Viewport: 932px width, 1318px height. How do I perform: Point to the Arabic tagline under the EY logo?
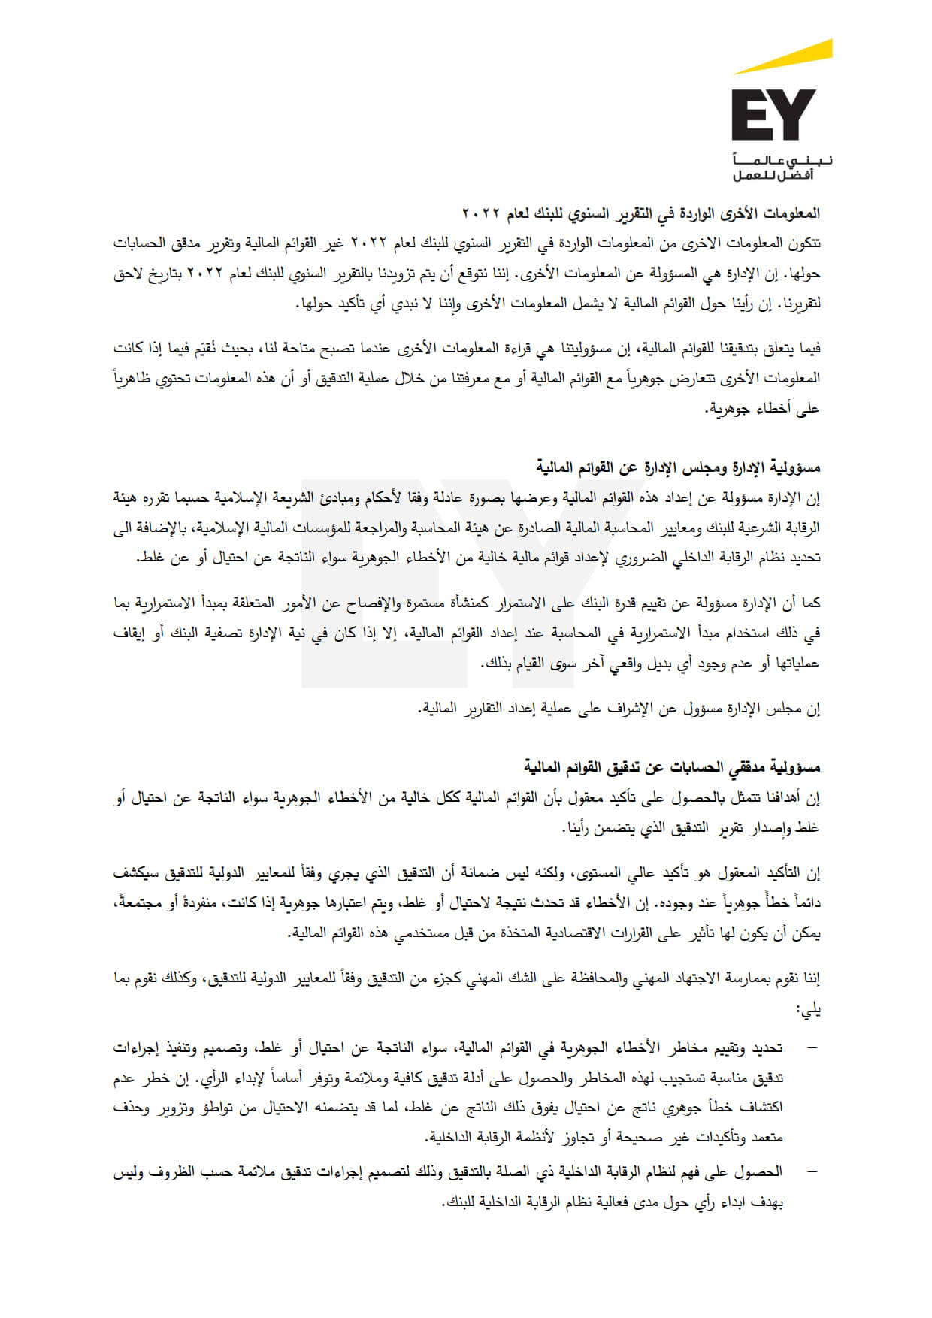(782, 168)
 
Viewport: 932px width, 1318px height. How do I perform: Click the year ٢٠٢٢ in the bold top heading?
(480, 214)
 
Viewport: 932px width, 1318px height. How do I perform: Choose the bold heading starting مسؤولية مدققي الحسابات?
(672, 767)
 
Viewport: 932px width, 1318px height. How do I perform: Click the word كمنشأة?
(470, 603)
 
